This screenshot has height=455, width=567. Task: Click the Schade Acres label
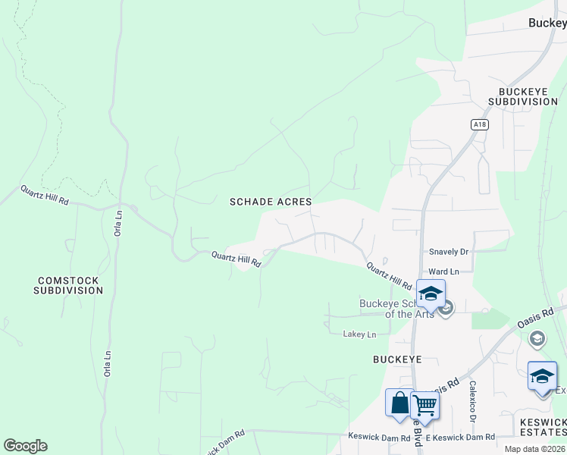(x=271, y=202)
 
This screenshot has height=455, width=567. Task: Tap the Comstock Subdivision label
(x=69, y=285)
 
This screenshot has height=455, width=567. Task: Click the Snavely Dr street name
(x=449, y=252)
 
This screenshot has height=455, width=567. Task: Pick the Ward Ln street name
(x=443, y=271)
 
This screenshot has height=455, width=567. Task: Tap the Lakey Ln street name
(x=359, y=334)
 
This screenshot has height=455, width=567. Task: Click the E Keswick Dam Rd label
(x=460, y=437)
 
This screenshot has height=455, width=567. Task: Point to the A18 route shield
(x=478, y=125)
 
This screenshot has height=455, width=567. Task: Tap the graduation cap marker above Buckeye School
(x=431, y=293)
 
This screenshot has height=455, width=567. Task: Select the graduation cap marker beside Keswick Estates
(x=542, y=377)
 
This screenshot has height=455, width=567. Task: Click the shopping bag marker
(x=399, y=403)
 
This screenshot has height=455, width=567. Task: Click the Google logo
(x=25, y=446)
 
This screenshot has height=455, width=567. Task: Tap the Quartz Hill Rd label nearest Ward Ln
(x=388, y=276)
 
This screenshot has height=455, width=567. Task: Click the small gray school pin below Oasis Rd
(x=537, y=338)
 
